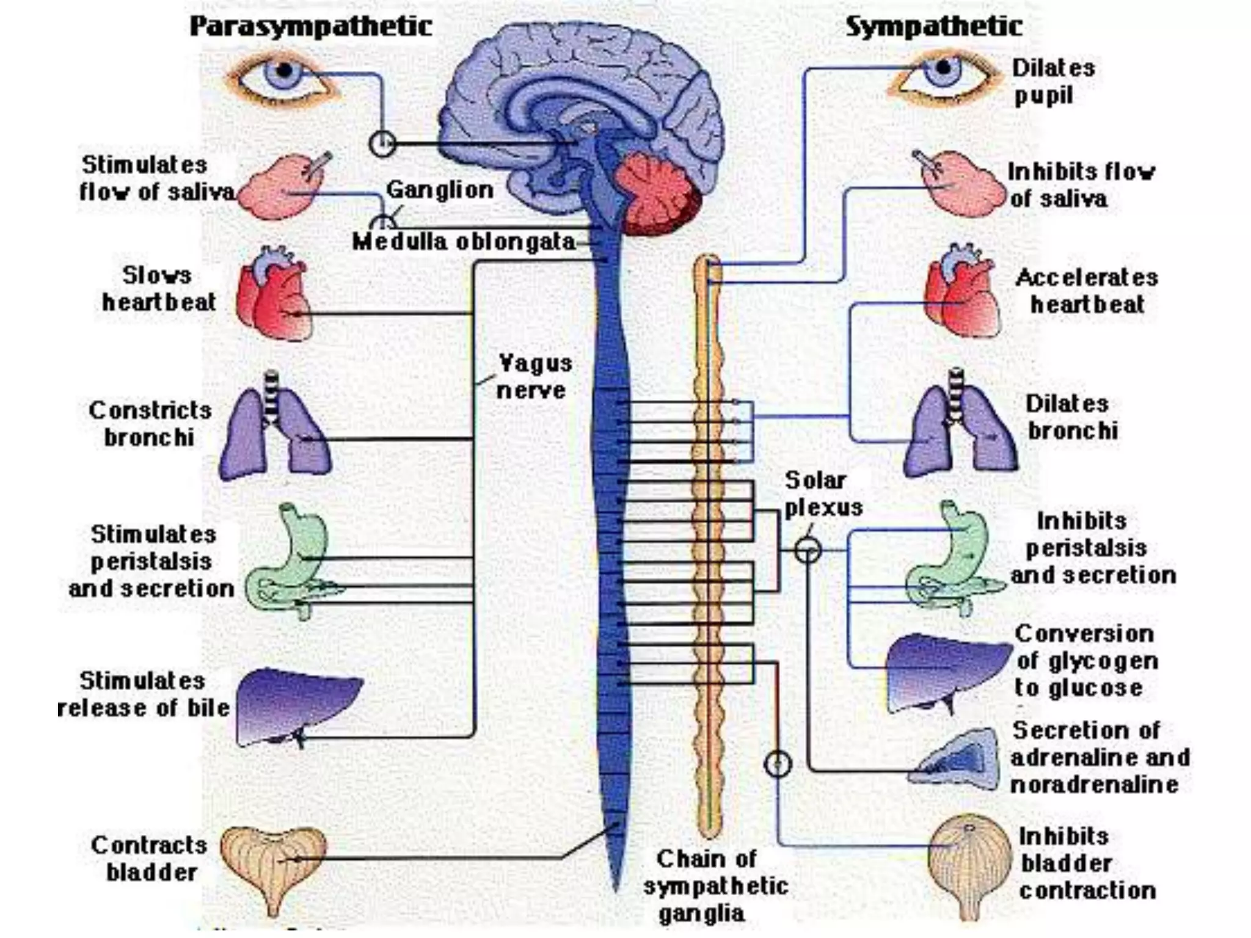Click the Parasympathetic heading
click(311, 27)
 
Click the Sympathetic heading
click(933, 27)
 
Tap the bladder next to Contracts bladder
click(273, 861)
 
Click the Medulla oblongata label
click(464, 242)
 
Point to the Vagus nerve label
click(533, 377)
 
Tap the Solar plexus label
click(822, 493)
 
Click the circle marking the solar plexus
click(808, 551)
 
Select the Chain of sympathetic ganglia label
click(714, 885)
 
